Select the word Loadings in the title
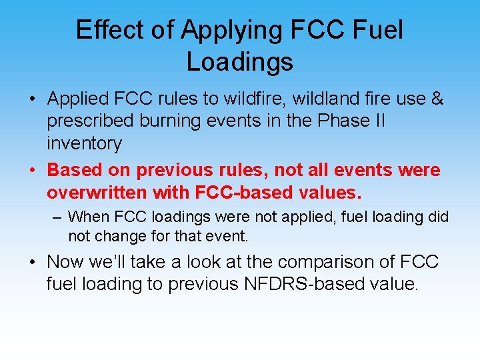coord(239,61)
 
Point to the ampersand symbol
coord(437,99)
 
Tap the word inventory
coord(84,143)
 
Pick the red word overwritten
coord(97,193)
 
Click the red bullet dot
coord(32,171)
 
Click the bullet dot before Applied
coord(32,99)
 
